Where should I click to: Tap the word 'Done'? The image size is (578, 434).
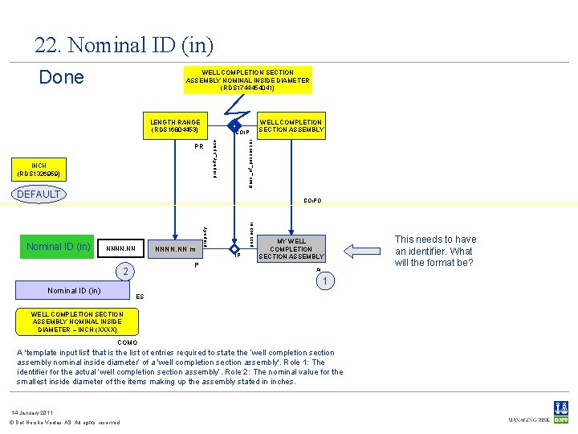coord(62,77)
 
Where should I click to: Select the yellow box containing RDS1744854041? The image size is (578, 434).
coord(247,80)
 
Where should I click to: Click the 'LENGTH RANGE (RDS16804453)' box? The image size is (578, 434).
coord(175,126)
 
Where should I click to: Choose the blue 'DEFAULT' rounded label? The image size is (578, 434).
coord(39,194)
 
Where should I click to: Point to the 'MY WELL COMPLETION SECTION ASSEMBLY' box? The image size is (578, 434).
coord(291,248)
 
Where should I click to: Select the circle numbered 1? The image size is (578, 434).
coord(324,282)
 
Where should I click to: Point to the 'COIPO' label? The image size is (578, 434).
coord(313,201)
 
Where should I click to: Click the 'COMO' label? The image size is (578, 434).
coord(127,342)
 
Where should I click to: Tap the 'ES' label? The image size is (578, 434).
coord(140,297)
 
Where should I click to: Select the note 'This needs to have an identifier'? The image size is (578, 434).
coord(436,251)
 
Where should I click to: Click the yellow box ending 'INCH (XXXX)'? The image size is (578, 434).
coord(77,321)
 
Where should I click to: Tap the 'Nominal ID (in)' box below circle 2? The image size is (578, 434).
coord(74,290)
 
